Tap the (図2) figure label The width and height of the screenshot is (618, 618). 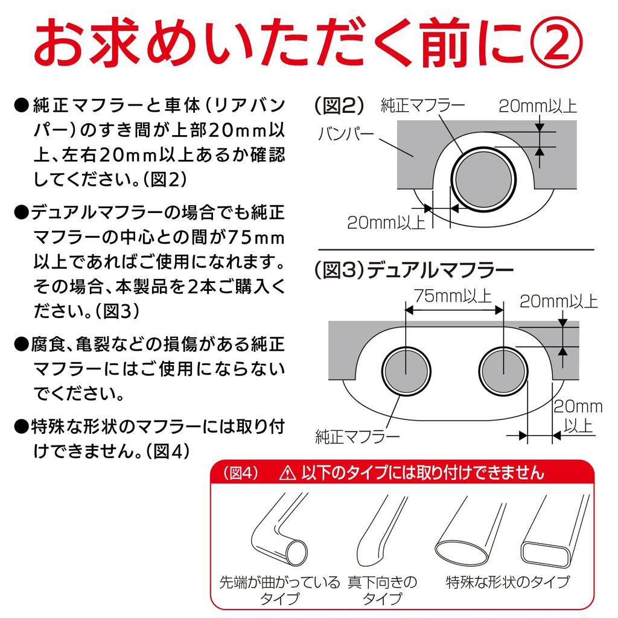tap(339, 106)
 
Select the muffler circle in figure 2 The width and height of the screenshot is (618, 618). tap(485, 179)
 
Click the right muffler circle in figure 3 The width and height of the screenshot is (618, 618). tap(503, 370)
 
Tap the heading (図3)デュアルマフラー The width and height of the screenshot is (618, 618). tap(415, 269)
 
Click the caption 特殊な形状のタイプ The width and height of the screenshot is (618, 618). tap(508, 583)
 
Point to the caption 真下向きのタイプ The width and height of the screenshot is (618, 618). tap(382, 591)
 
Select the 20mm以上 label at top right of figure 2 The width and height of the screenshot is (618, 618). tap(538, 106)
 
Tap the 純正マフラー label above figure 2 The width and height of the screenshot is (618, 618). tap(422, 106)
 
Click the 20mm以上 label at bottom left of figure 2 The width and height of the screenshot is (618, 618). tap(386, 223)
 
